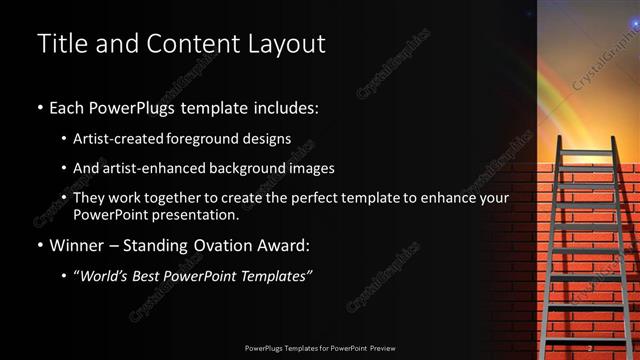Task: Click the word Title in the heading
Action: [59, 44]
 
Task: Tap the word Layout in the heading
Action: [289, 44]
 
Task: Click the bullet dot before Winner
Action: [39, 245]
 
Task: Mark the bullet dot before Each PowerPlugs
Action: [39, 107]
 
